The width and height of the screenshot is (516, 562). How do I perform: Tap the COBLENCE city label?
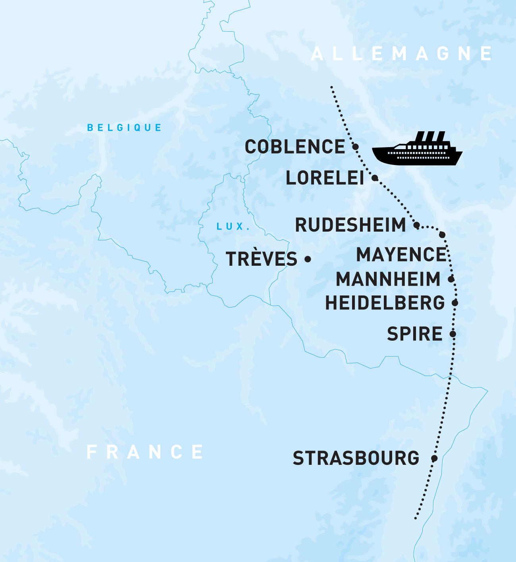[x=295, y=147]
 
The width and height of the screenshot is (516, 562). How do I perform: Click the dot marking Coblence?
[x=356, y=147]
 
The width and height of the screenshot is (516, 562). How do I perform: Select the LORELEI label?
[x=325, y=178]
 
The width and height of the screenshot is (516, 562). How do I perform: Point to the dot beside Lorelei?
[x=375, y=178]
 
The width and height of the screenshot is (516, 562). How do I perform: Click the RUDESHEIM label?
[x=350, y=225]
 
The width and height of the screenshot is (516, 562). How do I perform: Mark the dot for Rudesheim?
[x=416, y=225]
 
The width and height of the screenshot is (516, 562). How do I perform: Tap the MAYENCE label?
[x=401, y=255]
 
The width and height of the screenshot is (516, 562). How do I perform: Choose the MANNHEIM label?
[x=388, y=279]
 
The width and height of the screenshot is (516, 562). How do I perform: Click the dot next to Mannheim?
[x=451, y=279]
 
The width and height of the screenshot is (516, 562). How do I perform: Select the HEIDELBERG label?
[x=385, y=303]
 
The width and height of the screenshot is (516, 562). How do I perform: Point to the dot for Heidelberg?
[x=455, y=303]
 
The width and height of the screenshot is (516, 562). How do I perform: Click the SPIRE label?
[x=415, y=334]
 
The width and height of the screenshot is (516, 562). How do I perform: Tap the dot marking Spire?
[x=453, y=334]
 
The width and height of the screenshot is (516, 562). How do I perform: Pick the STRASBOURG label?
[x=356, y=458]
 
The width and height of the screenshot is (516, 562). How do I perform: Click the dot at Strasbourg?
[x=434, y=458]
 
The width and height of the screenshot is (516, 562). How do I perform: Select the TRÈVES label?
[x=262, y=259]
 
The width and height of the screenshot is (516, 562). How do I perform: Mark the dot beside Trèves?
[x=308, y=259]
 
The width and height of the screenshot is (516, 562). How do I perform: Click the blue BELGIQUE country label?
[x=124, y=128]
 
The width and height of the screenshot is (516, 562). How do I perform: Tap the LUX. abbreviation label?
[x=233, y=226]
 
